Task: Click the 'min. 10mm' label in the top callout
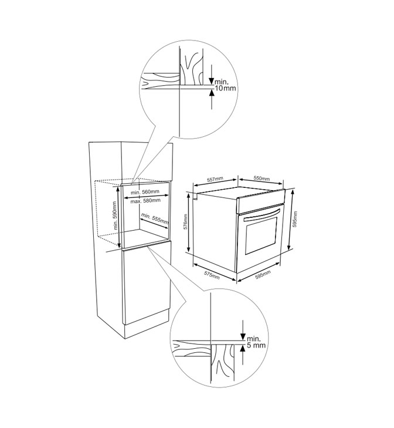coord(225,85)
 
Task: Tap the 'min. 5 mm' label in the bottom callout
coord(256,342)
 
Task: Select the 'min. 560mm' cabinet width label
coord(145,192)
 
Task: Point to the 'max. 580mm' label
coord(145,201)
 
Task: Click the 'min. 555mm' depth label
coord(155,220)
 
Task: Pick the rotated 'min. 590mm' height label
coord(115,215)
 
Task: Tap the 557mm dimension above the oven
coord(215,179)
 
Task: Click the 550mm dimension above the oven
coord(261,178)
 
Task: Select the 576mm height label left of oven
coord(185,221)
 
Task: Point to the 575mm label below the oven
coord(212,275)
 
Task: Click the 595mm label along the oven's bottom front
coord(263,275)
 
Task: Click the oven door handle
coord(261,215)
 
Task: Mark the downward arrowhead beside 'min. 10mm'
coord(211,81)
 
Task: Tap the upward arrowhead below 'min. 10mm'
coord(211,93)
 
